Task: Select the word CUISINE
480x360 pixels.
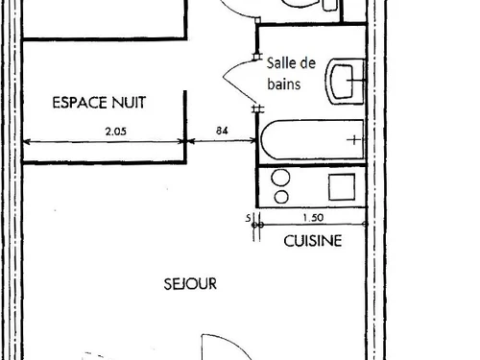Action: click(x=312, y=242)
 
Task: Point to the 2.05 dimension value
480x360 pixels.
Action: click(x=103, y=134)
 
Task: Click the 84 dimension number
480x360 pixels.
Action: click(x=222, y=134)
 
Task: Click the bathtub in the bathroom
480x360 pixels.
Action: click(x=311, y=142)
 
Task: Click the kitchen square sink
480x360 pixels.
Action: click(x=342, y=186)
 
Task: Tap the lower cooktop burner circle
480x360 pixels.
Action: click(x=281, y=195)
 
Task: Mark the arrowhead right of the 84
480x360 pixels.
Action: click(x=254, y=142)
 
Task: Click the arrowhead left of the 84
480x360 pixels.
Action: click(x=188, y=142)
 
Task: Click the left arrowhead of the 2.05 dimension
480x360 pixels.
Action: click(x=24, y=142)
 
